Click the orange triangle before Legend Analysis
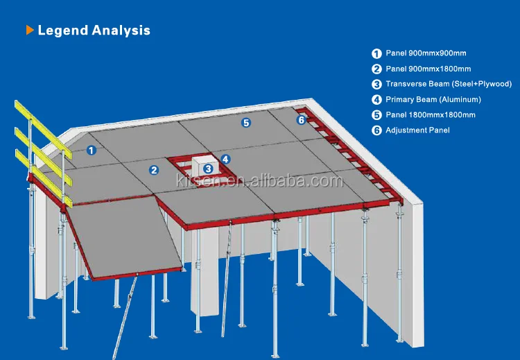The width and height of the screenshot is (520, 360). click(x=30, y=31)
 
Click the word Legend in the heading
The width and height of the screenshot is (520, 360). click(x=62, y=31)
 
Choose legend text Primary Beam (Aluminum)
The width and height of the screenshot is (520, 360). click(x=433, y=100)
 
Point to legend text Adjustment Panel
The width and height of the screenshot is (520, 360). click(x=417, y=130)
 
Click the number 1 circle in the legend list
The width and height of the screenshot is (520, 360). click(x=376, y=53)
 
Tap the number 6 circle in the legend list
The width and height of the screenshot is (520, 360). click(x=376, y=131)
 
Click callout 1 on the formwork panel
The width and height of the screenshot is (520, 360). click(x=91, y=149)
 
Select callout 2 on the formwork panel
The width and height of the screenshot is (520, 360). click(x=154, y=169)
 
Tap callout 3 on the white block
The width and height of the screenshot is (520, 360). click(x=207, y=168)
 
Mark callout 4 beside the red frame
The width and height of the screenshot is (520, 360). click(x=225, y=159)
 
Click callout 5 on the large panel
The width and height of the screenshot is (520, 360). click(x=245, y=123)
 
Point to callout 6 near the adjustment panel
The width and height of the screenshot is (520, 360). click(x=301, y=119)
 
